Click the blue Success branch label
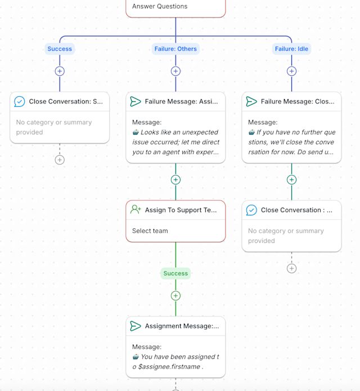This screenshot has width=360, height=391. point(60,49)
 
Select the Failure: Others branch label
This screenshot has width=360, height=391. point(175,49)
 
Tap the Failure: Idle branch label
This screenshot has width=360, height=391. point(291,49)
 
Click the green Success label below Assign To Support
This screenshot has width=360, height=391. point(175,273)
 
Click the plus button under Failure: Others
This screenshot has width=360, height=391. point(175,71)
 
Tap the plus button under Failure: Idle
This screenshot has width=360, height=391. point(291,71)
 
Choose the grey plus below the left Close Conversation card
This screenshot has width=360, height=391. point(60,160)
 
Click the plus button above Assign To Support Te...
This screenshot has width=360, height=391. point(175,180)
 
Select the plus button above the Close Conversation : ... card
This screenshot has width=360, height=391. point(291,180)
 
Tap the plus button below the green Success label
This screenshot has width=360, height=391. point(175,296)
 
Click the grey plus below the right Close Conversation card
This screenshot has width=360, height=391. point(291,268)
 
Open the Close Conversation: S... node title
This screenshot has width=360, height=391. point(66,101)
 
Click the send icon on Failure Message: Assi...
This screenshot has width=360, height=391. point(136,101)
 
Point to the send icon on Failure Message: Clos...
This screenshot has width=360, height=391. point(251,101)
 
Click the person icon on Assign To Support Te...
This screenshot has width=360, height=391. point(136,210)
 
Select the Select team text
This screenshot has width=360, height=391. point(150,231)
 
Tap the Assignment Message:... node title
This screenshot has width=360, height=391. point(182,326)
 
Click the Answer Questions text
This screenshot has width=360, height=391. point(160,7)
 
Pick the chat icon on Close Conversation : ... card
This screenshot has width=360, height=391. point(251,210)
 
